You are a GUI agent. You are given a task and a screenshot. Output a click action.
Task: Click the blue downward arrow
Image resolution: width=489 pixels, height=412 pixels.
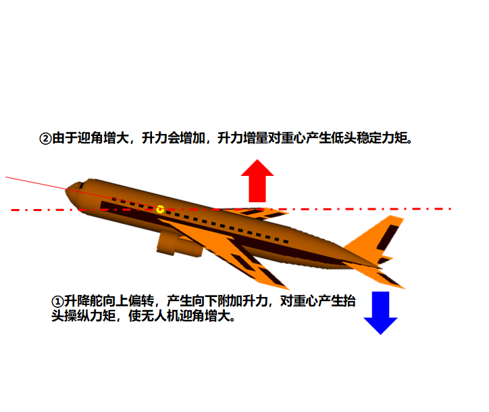(380, 313)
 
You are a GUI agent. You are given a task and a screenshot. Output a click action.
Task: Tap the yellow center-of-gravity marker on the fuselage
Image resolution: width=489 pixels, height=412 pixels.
(160, 209)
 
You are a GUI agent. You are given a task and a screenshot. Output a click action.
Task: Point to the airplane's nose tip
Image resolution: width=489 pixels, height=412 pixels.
(67, 190)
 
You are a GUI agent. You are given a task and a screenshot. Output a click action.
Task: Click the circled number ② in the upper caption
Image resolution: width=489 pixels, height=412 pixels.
(45, 139)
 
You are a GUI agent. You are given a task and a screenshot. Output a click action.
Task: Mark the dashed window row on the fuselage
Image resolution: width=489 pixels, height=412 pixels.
(203, 219)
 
